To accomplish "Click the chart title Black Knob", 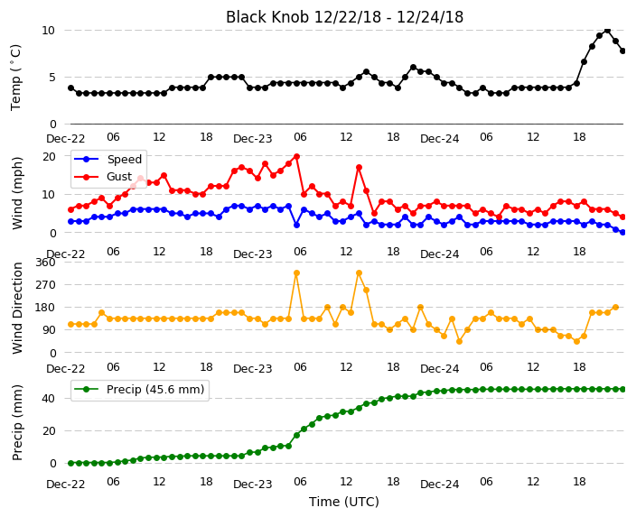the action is (x=267, y=17).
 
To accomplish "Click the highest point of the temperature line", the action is (x=607, y=30).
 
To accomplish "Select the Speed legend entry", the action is (x=108, y=159).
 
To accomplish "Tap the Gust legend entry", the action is (x=103, y=177).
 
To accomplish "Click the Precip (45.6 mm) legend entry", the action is (x=139, y=390).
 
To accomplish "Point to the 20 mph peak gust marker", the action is (x=296, y=156).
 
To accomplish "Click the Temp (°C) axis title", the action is (x=16, y=78).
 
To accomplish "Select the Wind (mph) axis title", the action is (x=17, y=193).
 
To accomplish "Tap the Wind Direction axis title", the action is (x=17, y=308).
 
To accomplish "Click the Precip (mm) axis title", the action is (x=17, y=422).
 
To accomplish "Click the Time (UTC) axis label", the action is (x=344, y=502).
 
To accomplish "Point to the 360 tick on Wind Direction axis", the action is (x=45, y=263).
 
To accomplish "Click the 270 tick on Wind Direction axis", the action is (x=45, y=285).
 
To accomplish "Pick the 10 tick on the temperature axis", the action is (x=48, y=31).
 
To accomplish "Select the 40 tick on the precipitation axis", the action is (x=49, y=398).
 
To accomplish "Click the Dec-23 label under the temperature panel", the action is (x=253, y=139).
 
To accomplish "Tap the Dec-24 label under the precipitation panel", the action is (x=440, y=485).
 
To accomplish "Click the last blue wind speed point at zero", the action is (x=623, y=233).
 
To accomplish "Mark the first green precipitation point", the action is (x=71, y=463).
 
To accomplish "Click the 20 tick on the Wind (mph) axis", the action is (x=49, y=156).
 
